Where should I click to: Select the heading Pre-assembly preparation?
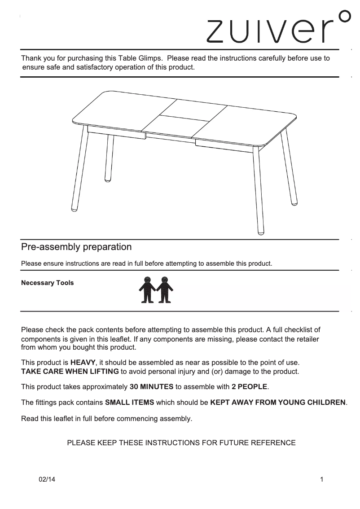point(77,247)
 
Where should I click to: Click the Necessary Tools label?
point(48,283)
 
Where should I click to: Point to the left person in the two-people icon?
point(146,290)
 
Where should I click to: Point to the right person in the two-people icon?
point(165,290)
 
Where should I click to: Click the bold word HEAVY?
point(83,362)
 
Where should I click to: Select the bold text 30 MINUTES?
point(151,386)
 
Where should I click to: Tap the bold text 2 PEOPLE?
point(249,386)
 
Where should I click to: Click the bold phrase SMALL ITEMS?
point(129,403)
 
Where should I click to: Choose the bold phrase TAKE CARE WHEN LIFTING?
point(70,372)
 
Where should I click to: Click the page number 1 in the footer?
point(322,479)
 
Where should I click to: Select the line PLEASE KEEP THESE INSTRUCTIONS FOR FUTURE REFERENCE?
point(181,443)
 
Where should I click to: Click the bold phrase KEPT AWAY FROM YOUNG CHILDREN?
point(278,403)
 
